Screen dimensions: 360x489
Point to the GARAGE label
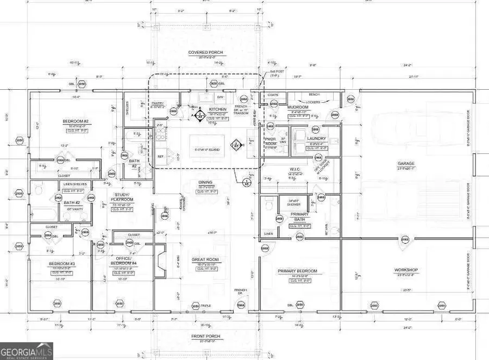405,163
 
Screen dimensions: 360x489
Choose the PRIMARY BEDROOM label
297,271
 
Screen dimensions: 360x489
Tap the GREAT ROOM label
205,260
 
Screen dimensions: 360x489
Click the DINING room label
205,182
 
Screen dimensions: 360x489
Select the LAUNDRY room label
316,138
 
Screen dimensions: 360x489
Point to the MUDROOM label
298,107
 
